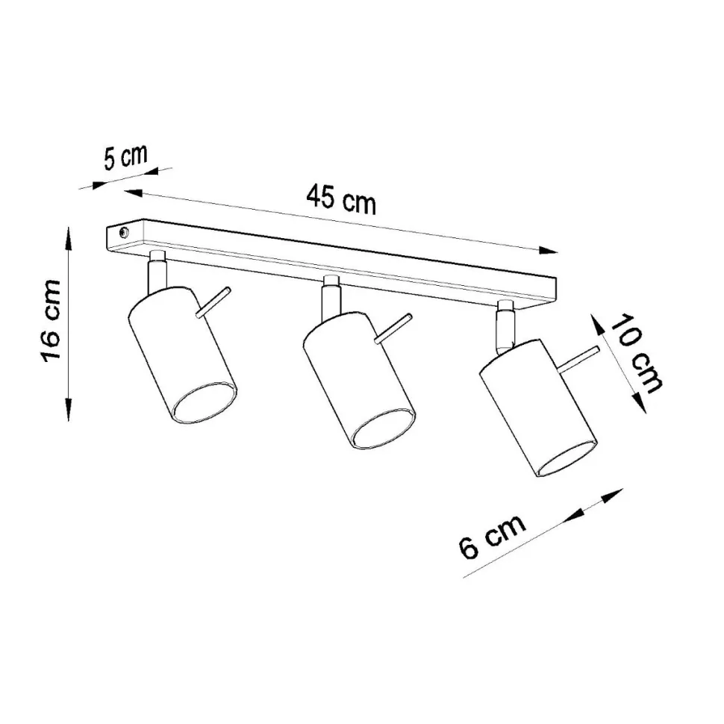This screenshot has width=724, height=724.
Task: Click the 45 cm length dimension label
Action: coord(341,199)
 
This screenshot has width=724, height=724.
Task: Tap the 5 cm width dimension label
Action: coord(125,160)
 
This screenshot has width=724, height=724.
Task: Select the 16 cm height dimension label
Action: coord(51,322)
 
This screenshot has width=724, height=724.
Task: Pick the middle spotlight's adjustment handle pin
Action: coord(393,328)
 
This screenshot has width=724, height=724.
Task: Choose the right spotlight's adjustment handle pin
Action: coord(579,360)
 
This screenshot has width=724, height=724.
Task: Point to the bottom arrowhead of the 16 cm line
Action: coord(69,411)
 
